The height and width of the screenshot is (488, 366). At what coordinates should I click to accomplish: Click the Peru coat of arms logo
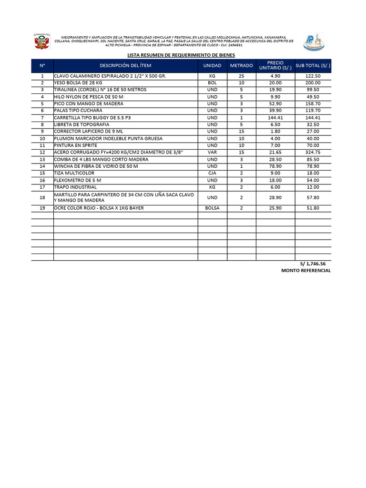coord(41,42)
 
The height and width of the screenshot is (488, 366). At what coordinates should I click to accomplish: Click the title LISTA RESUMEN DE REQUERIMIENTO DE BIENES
coord(181,55)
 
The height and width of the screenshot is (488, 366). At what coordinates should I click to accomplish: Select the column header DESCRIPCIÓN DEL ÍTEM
coord(125,66)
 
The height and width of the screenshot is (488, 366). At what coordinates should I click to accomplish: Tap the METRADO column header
coord(242,66)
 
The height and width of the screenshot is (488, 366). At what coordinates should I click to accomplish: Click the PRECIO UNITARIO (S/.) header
coord(275,66)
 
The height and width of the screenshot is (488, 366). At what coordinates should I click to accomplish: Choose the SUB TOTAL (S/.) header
coord(313,66)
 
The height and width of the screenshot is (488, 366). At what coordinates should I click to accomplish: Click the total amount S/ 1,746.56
coord(313,264)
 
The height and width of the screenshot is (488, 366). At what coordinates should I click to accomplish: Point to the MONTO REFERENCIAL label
coord(306,271)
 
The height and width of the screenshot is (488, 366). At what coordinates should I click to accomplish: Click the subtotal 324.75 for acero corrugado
coord(313,152)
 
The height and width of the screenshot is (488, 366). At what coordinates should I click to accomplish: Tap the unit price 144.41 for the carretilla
coord(275,118)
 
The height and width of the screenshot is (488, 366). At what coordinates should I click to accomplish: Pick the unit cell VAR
coord(212,152)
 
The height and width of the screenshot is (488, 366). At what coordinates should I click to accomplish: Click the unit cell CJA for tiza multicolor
coord(212,173)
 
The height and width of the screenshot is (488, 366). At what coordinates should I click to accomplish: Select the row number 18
coord(42,197)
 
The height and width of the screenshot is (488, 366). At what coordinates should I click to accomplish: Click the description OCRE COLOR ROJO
coord(99,208)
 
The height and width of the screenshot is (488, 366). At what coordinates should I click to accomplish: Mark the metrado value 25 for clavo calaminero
coord(242,76)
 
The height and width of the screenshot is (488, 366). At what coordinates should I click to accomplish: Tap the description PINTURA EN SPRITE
coord(76,145)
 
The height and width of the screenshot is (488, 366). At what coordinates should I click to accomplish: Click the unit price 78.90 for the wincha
coord(275,166)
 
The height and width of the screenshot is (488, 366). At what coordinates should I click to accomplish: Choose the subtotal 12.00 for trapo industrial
coord(313,187)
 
